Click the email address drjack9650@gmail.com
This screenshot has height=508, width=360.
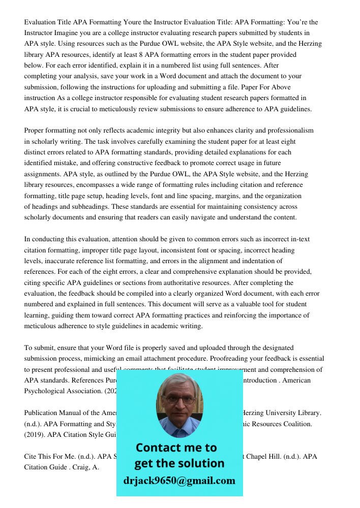[179, 481]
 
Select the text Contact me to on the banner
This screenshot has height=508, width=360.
[176, 448]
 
